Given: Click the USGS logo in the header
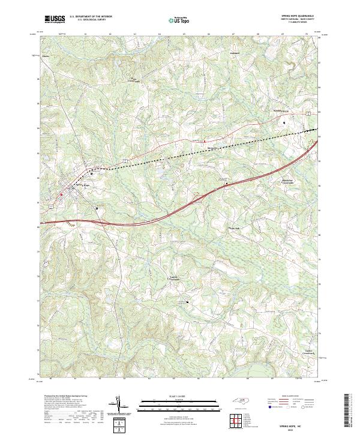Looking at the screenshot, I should point(54,19).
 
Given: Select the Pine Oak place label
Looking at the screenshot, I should point(233,228).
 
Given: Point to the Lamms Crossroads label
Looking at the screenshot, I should point(174,277).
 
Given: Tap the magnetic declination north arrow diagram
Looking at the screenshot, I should point(121,406).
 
